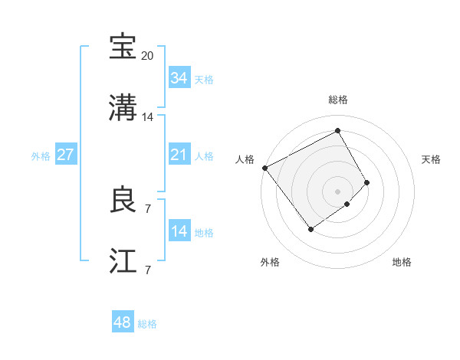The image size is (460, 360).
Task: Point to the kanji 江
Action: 123,261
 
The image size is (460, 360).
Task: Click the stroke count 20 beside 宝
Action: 148,56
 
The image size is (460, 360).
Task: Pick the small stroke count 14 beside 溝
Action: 148,117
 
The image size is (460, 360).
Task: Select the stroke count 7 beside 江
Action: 148,270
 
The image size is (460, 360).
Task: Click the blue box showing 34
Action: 179,78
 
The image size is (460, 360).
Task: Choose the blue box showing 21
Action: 179,155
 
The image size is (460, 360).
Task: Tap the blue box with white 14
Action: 179,231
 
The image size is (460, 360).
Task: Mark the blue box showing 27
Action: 65,155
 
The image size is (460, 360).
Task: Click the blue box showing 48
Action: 122,322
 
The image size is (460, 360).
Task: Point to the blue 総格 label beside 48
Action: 147,324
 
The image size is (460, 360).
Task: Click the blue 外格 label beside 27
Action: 41,155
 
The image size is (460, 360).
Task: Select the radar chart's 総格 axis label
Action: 338,100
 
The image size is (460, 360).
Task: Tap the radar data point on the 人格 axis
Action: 264,168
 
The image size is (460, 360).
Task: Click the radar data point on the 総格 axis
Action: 337,131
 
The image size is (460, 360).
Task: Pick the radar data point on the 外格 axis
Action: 311,228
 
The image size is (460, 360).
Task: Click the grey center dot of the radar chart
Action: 338,191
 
